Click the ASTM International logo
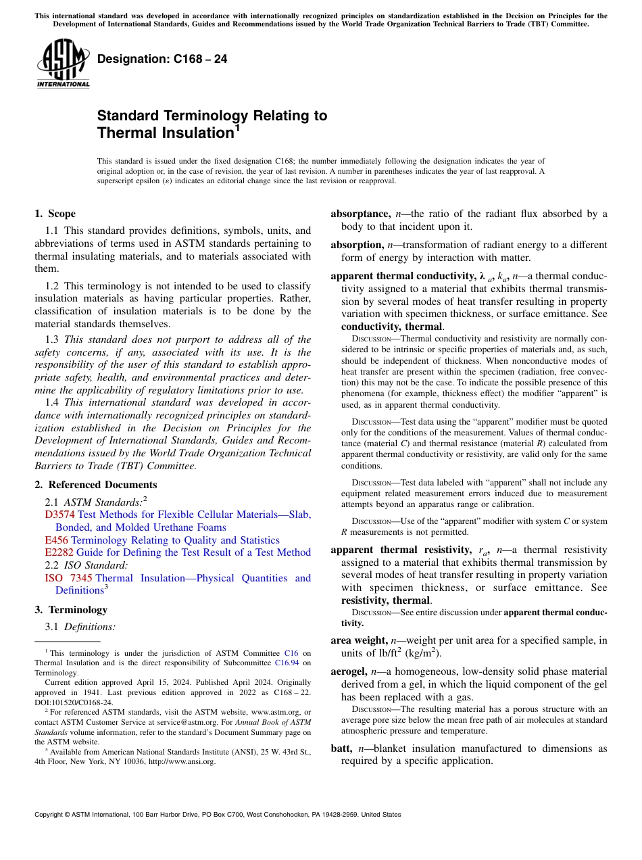pyautogui.click(x=64, y=64)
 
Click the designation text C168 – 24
pyautogui.click(x=162, y=59)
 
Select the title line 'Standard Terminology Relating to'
pyautogui.click(x=212, y=116)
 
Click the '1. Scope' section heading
pyautogui.click(x=55, y=214)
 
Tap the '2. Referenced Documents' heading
pyautogui.click(x=96, y=485)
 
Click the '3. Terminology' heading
pyautogui.click(x=71, y=610)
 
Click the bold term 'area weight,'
pyautogui.click(x=359, y=640)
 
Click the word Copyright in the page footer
pyautogui.click(x=50, y=815)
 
